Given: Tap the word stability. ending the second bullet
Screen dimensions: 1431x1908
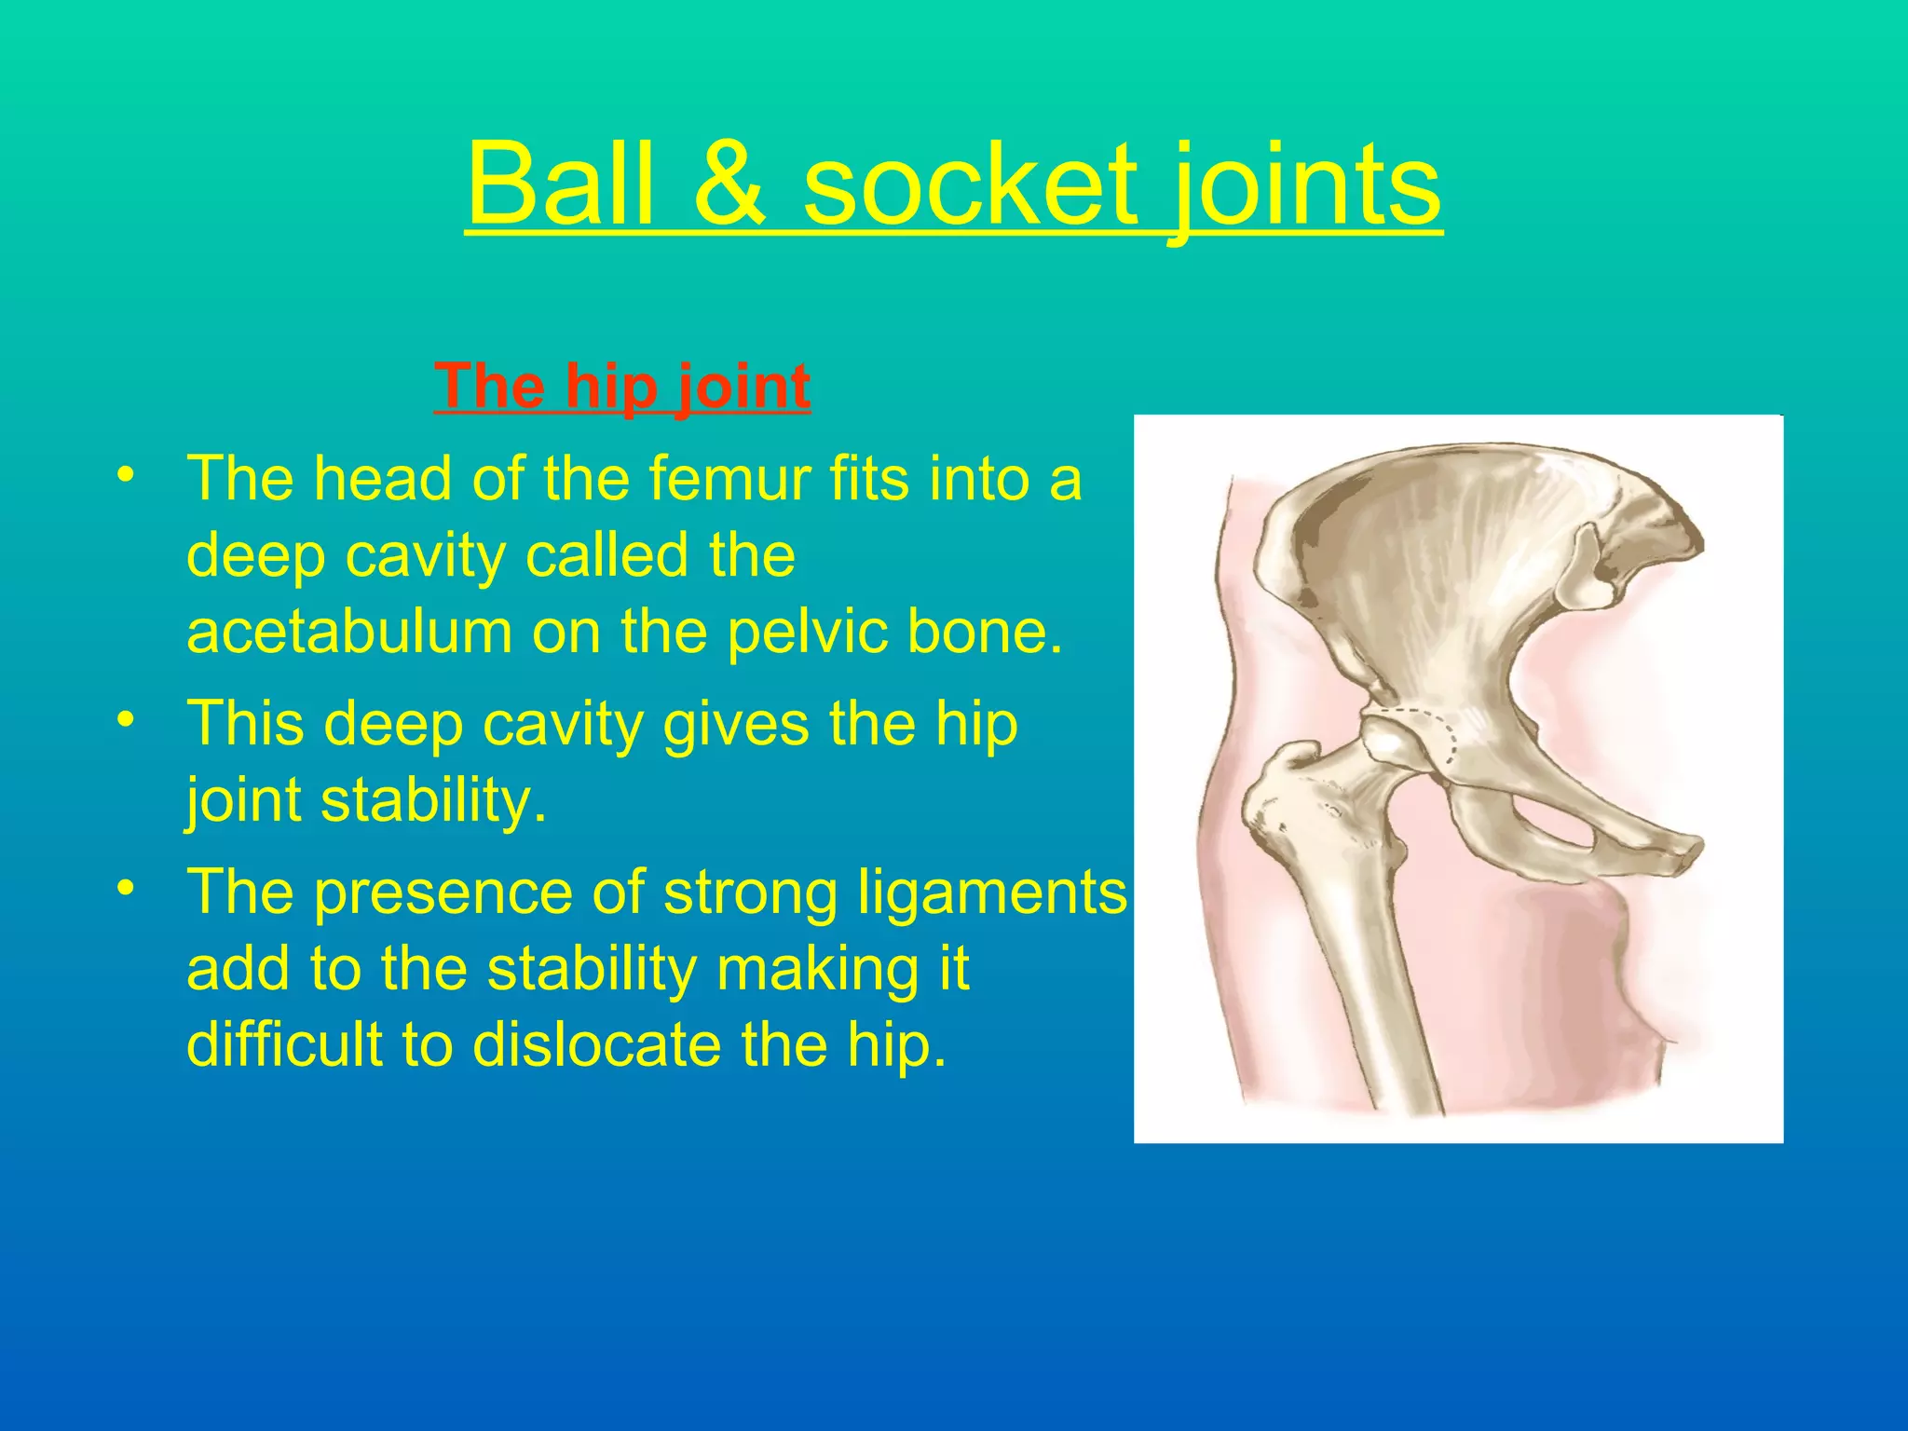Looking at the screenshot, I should (x=433, y=800).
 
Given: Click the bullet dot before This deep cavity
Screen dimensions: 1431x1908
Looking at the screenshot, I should (x=127, y=718).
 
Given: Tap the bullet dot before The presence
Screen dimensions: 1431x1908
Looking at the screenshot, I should (x=127, y=888).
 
